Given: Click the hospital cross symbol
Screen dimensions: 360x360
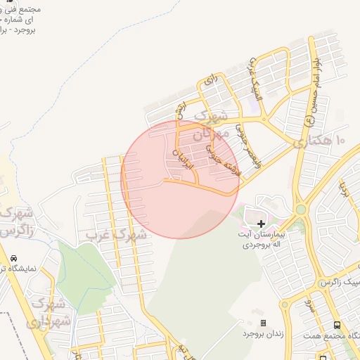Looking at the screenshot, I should (x=262, y=222).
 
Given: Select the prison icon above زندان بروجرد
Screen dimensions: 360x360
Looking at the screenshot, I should (x=263, y=323).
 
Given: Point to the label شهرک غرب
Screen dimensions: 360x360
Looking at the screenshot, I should (x=116, y=234).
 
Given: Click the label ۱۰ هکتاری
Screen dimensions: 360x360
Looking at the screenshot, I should (x=323, y=141).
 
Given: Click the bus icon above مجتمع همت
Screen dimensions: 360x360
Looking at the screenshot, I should (x=337, y=326).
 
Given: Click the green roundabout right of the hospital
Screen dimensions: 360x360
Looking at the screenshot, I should (x=300, y=210).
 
